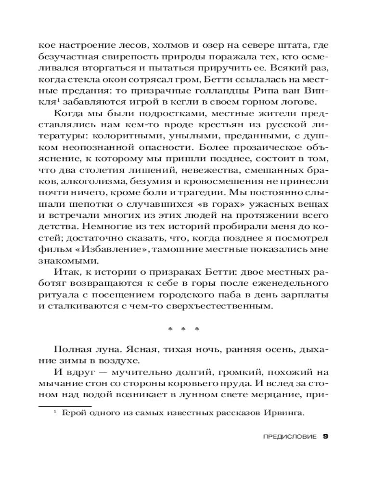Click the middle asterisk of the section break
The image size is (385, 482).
183,330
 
